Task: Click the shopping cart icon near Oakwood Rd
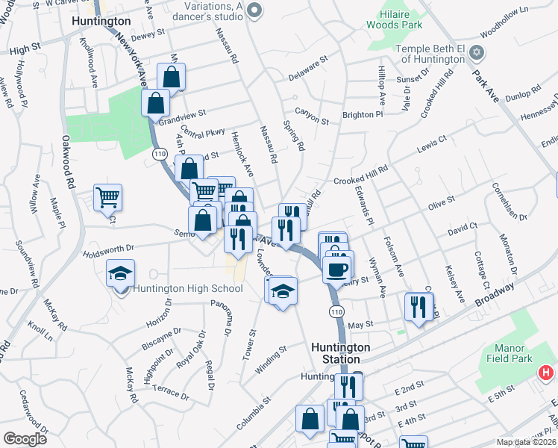tap(108, 198)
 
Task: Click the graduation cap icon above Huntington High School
tap(120, 274)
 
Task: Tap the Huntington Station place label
tap(340, 353)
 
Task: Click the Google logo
tap(25, 439)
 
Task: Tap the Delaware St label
tap(308, 64)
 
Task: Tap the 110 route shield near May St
tap(337, 311)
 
